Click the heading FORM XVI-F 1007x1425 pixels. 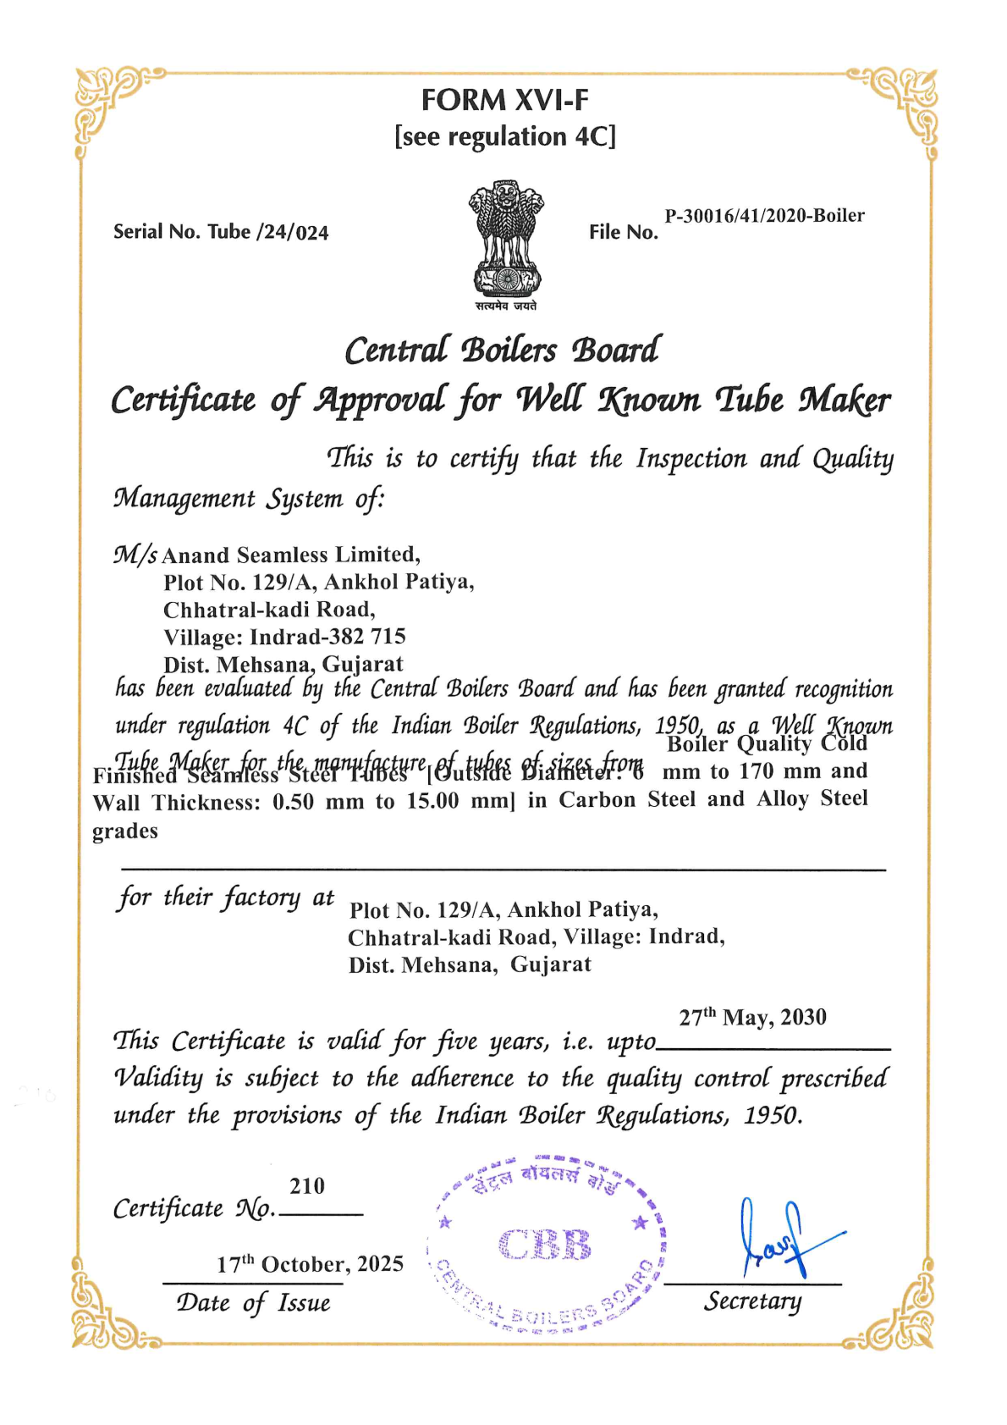point(504,101)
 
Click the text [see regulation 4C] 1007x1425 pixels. point(505,136)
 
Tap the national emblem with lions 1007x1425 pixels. point(506,237)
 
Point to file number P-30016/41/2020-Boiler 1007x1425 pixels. point(764,215)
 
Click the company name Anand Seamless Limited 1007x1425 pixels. point(290,555)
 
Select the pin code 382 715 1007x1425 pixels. point(376,636)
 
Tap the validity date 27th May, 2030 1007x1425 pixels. point(752,1017)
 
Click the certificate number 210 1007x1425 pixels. point(307,1186)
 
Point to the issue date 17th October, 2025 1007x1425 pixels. point(310,1264)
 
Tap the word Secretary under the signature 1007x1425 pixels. point(752,1301)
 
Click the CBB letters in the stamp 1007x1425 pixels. point(545,1245)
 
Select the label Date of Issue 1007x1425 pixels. point(253,1302)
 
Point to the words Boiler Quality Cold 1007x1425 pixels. point(767,743)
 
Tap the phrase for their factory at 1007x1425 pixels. point(226,898)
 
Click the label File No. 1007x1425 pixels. point(624,232)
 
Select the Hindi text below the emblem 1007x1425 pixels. point(505,306)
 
